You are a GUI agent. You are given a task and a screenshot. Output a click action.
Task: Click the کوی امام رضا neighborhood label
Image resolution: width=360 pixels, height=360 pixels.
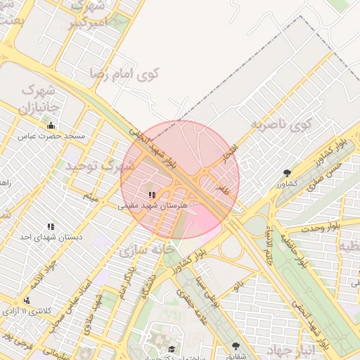click(125, 72)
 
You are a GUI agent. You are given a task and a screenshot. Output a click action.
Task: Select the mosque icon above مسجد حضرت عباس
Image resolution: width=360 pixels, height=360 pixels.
click(51, 126)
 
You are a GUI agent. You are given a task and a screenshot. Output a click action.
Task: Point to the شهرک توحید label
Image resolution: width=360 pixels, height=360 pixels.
click(99, 166)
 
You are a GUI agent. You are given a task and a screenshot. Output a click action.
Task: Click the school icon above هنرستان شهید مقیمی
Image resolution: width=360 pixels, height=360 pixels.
click(151, 194)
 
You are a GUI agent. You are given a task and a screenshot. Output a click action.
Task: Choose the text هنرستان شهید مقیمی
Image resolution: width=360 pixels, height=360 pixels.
click(155, 205)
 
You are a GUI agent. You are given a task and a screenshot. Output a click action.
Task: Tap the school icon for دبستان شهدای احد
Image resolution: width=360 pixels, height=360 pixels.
click(51, 226)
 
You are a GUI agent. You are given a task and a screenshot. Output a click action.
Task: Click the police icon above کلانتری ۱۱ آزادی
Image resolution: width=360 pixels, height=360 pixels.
click(27, 300)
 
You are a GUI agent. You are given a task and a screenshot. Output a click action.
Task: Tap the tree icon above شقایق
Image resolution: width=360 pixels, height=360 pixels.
click(235, 345)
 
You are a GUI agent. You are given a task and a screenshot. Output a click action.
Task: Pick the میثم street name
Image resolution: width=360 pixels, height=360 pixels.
click(89, 194)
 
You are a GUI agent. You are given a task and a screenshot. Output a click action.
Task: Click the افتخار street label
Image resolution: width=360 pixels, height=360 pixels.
click(231, 155)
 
